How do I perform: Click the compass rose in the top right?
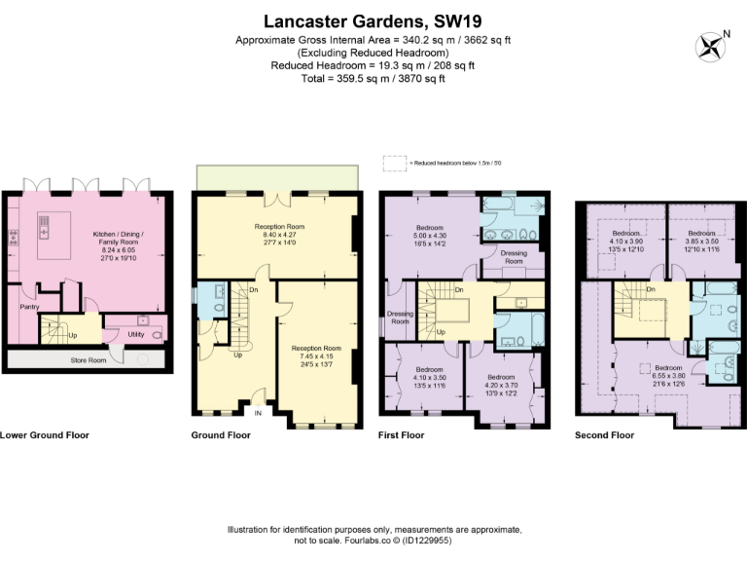(711, 46)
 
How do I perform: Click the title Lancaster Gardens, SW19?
(373, 20)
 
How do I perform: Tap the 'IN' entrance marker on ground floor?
(258, 413)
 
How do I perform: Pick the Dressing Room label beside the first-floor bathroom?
(513, 256)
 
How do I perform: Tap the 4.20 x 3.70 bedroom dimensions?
(501, 385)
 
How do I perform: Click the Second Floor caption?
(604, 435)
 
